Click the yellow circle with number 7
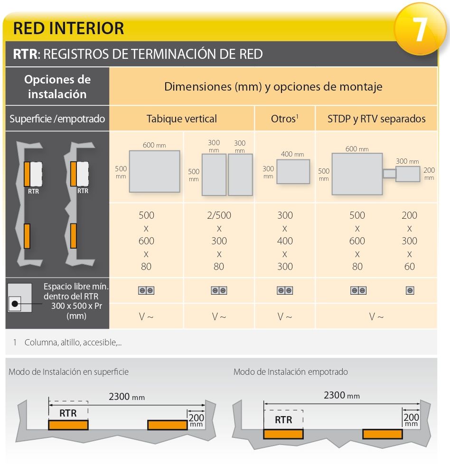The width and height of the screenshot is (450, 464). (x=420, y=29)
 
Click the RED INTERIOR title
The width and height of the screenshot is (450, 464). (x=68, y=28)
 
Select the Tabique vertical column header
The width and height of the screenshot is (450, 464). (x=181, y=119)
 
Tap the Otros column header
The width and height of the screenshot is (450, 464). (x=284, y=119)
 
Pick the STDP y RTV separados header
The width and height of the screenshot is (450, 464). (x=376, y=119)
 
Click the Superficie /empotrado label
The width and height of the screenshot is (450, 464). (x=57, y=119)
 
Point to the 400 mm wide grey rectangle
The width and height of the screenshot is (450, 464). (x=293, y=171)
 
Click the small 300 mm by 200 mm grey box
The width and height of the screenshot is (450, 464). (x=407, y=174)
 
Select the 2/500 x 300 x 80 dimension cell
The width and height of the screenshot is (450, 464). (x=219, y=241)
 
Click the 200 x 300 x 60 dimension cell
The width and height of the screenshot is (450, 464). (x=409, y=241)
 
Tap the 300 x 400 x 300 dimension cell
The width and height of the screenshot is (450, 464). (x=285, y=241)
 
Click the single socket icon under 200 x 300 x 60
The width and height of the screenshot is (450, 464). (x=410, y=290)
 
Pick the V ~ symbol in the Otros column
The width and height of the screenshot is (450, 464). (x=285, y=316)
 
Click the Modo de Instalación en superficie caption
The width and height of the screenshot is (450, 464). (x=68, y=372)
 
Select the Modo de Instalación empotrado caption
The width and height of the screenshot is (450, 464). (x=291, y=372)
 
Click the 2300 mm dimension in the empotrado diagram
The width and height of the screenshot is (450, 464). (x=341, y=395)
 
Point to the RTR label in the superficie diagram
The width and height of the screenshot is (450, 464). (x=68, y=413)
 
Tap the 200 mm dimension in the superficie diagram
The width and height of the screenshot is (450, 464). (x=196, y=419)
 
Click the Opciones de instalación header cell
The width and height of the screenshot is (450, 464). (x=57, y=86)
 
